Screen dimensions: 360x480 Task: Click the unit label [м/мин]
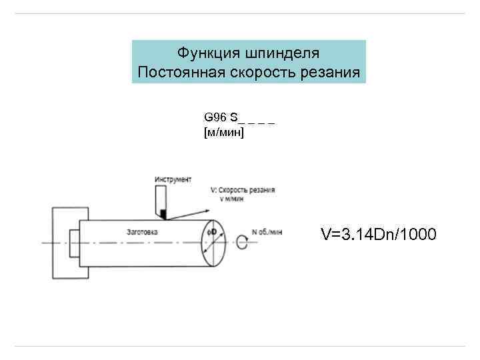(x=224, y=133)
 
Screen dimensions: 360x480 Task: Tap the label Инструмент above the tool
(x=173, y=179)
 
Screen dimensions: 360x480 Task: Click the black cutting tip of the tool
(x=162, y=213)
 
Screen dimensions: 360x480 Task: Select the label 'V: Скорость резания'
(x=242, y=190)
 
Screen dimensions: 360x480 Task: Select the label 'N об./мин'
(x=267, y=232)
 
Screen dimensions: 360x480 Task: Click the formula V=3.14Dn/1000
(x=379, y=235)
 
